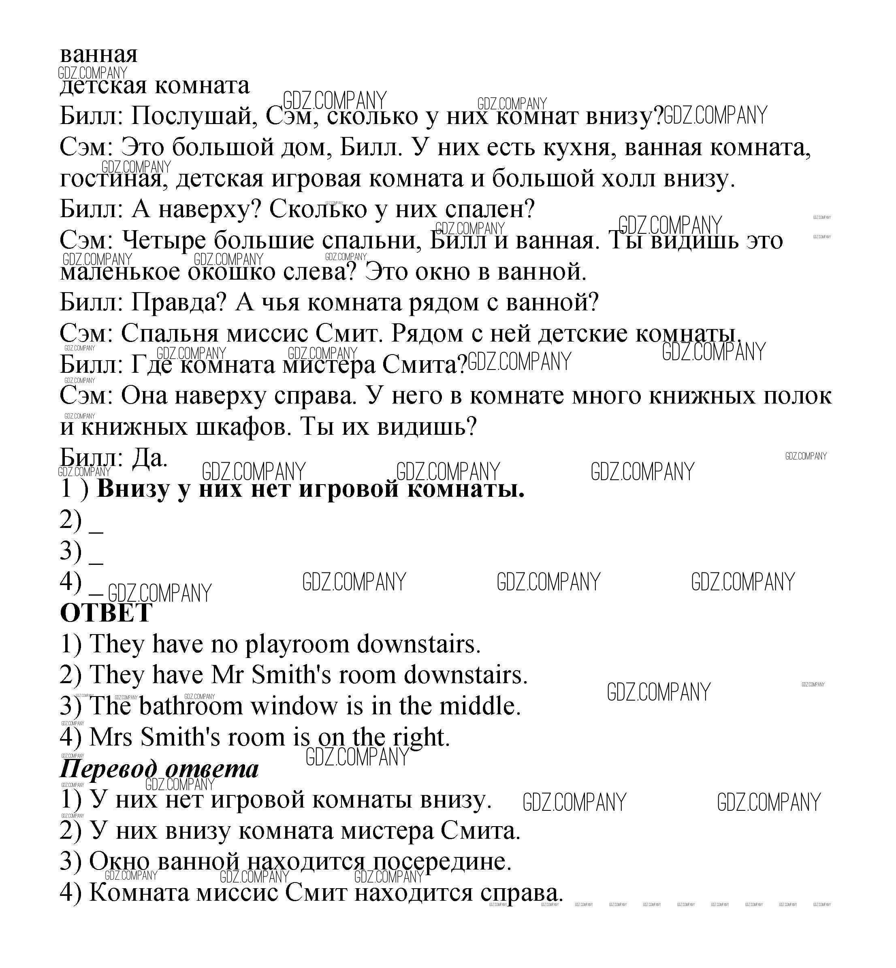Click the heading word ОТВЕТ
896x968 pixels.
[106, 613]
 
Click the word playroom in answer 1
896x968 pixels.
[297, 645]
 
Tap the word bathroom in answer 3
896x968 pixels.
[190, 706]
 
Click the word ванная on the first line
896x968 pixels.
[98, 54]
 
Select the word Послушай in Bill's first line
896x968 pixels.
[194, 116]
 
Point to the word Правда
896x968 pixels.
[178, 303]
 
